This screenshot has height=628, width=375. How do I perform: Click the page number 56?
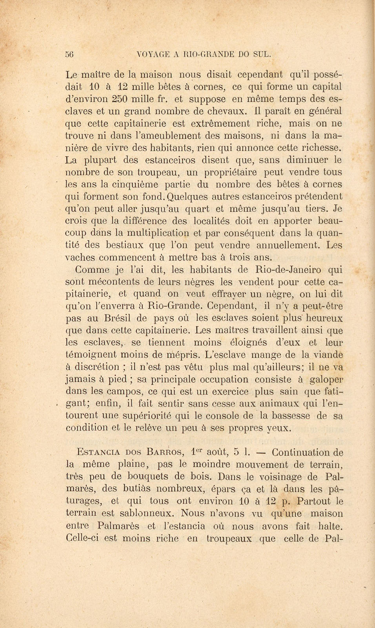tap(70, 55)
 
